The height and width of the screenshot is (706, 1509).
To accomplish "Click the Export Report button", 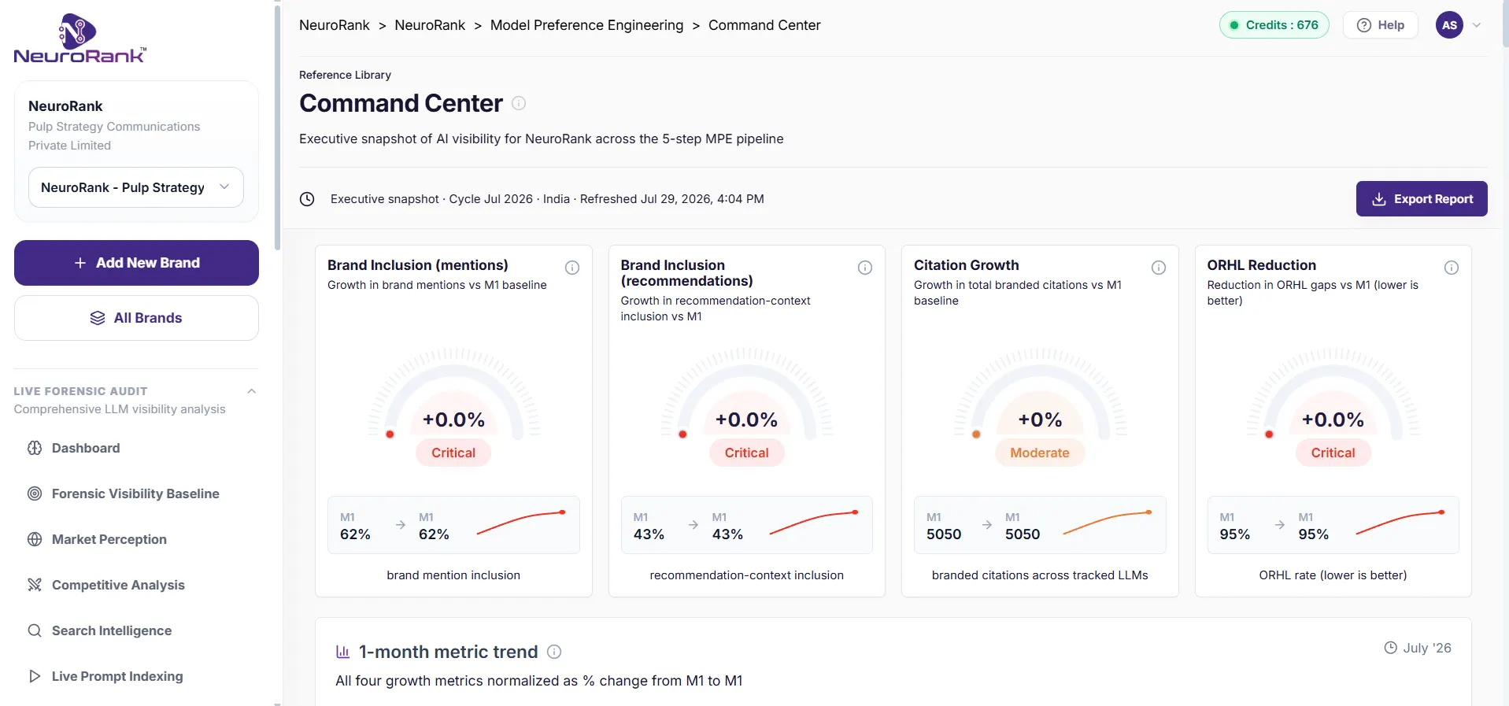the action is click(1421, 199).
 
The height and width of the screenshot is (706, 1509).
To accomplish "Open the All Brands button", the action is click(136, 318).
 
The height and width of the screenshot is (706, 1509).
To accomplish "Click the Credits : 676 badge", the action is click(1274, 25).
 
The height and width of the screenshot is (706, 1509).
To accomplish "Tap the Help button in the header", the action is click(1380, 25).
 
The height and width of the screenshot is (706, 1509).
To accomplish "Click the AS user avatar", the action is click(1449, 25).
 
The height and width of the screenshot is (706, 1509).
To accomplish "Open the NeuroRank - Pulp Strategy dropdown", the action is click(136, 187).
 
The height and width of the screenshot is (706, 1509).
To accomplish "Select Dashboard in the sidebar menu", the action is click(86, 448).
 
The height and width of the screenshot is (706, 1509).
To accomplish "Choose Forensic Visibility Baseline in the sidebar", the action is click(135, 493).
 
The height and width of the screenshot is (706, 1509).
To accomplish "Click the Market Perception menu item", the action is click(109, 539).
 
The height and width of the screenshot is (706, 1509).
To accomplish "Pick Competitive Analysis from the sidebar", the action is click(118, 585).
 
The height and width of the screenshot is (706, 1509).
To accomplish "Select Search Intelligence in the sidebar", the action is click(112, 630).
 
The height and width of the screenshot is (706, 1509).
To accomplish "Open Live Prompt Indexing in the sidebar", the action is click(117, 676).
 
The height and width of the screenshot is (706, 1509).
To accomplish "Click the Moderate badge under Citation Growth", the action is click(1040, 453).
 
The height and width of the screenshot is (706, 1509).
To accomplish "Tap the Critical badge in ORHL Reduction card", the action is click(1333, 453).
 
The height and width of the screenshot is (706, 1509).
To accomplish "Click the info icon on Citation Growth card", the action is click(1159, 268).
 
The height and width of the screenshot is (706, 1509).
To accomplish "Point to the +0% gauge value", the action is click(1040, 420).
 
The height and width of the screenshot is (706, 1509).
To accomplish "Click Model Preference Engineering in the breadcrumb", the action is click(586, 25).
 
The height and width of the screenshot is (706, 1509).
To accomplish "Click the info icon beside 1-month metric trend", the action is click(554, 652).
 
